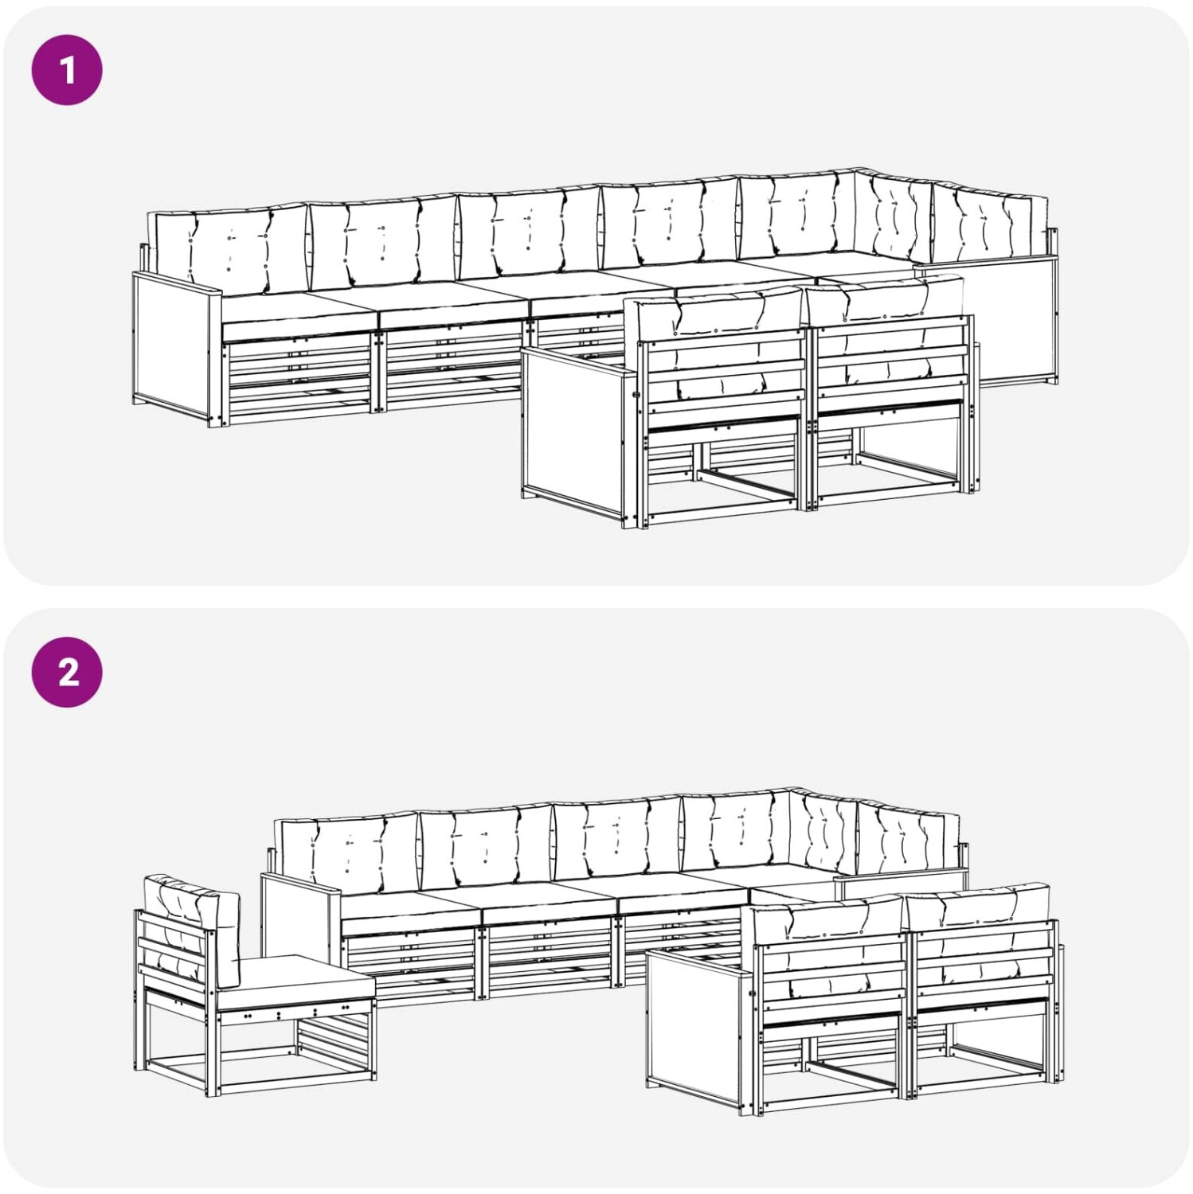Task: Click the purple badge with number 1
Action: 67,70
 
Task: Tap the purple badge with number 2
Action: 67,672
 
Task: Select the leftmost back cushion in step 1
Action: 229,248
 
